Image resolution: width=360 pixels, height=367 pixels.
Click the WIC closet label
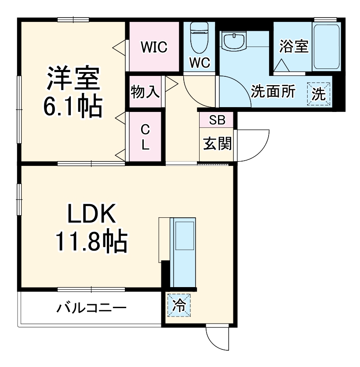pyautogui.click(x=154, y=47)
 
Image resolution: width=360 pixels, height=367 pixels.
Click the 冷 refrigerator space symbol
pyautogui.click(x=178, y=305)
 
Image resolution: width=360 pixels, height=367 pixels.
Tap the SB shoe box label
pyautogui.click(x=217, y=120)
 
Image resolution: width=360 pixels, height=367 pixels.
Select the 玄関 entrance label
pyautogui.click(x=217, y=144)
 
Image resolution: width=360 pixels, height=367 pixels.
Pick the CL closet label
pyautogui.click(x=145, y=137)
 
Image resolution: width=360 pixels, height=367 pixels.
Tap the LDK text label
pyautogui.click(x=91, y=215)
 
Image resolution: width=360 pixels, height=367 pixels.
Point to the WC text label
pyautogui.click(x=200, y=62)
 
